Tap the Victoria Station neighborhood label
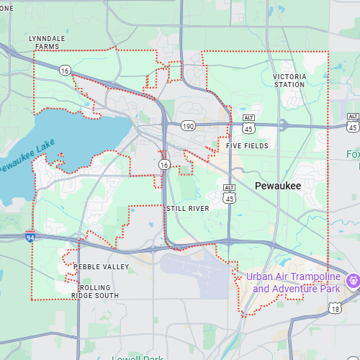coord(289,80)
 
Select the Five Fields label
coord(247,145)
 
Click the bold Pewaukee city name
coord(277,186)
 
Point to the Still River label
coord(187,208)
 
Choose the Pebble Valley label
coord(102,267)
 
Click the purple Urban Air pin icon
coord(353,281)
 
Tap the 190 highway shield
coord(188,126)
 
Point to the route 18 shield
coord(335,308)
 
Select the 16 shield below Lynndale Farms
coord(66,70)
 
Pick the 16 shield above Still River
coord(164,165)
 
